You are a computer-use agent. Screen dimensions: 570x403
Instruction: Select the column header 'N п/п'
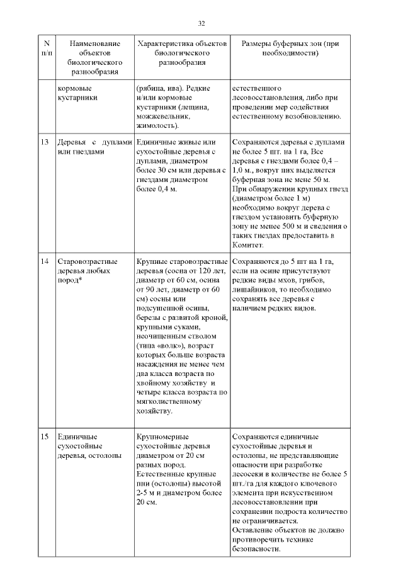(x=46, y=48)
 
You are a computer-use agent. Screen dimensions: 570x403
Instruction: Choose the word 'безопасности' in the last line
(x=254, y=549)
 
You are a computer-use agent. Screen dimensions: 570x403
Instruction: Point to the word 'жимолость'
(x=157, y=125)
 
